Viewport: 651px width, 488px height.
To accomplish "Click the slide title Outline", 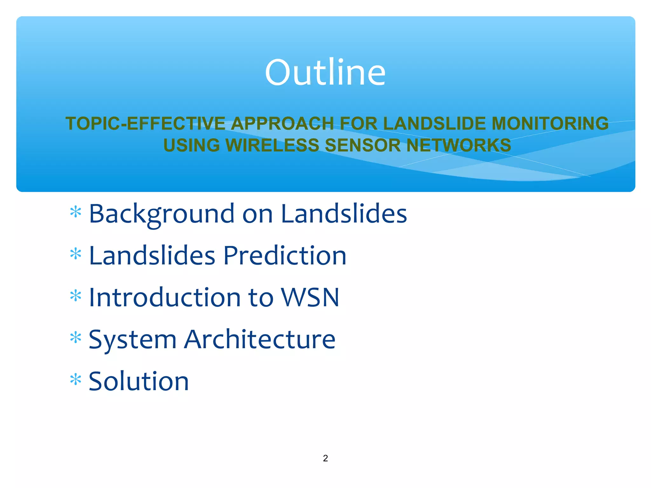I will [325, 72].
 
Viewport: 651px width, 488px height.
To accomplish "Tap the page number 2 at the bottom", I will [325, 458].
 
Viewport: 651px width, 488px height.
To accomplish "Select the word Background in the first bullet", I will [161, 214].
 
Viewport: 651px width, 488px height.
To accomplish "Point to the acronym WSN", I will [310, 297].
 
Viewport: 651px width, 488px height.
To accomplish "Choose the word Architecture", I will [260, 339].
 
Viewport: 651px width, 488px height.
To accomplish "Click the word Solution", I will [139, 381].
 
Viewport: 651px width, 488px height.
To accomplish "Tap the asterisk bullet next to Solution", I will [76, 380].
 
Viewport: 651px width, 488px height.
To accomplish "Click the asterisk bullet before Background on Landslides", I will [76, 212].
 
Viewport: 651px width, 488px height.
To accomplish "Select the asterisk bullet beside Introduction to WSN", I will [76, 296].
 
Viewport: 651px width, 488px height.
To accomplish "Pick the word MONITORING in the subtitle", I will [550, 123].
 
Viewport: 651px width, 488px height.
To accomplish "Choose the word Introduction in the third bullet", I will [164, 297].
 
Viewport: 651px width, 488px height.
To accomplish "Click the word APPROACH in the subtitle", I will [282, 123].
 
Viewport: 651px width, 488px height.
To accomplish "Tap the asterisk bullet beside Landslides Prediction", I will [76, 254].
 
